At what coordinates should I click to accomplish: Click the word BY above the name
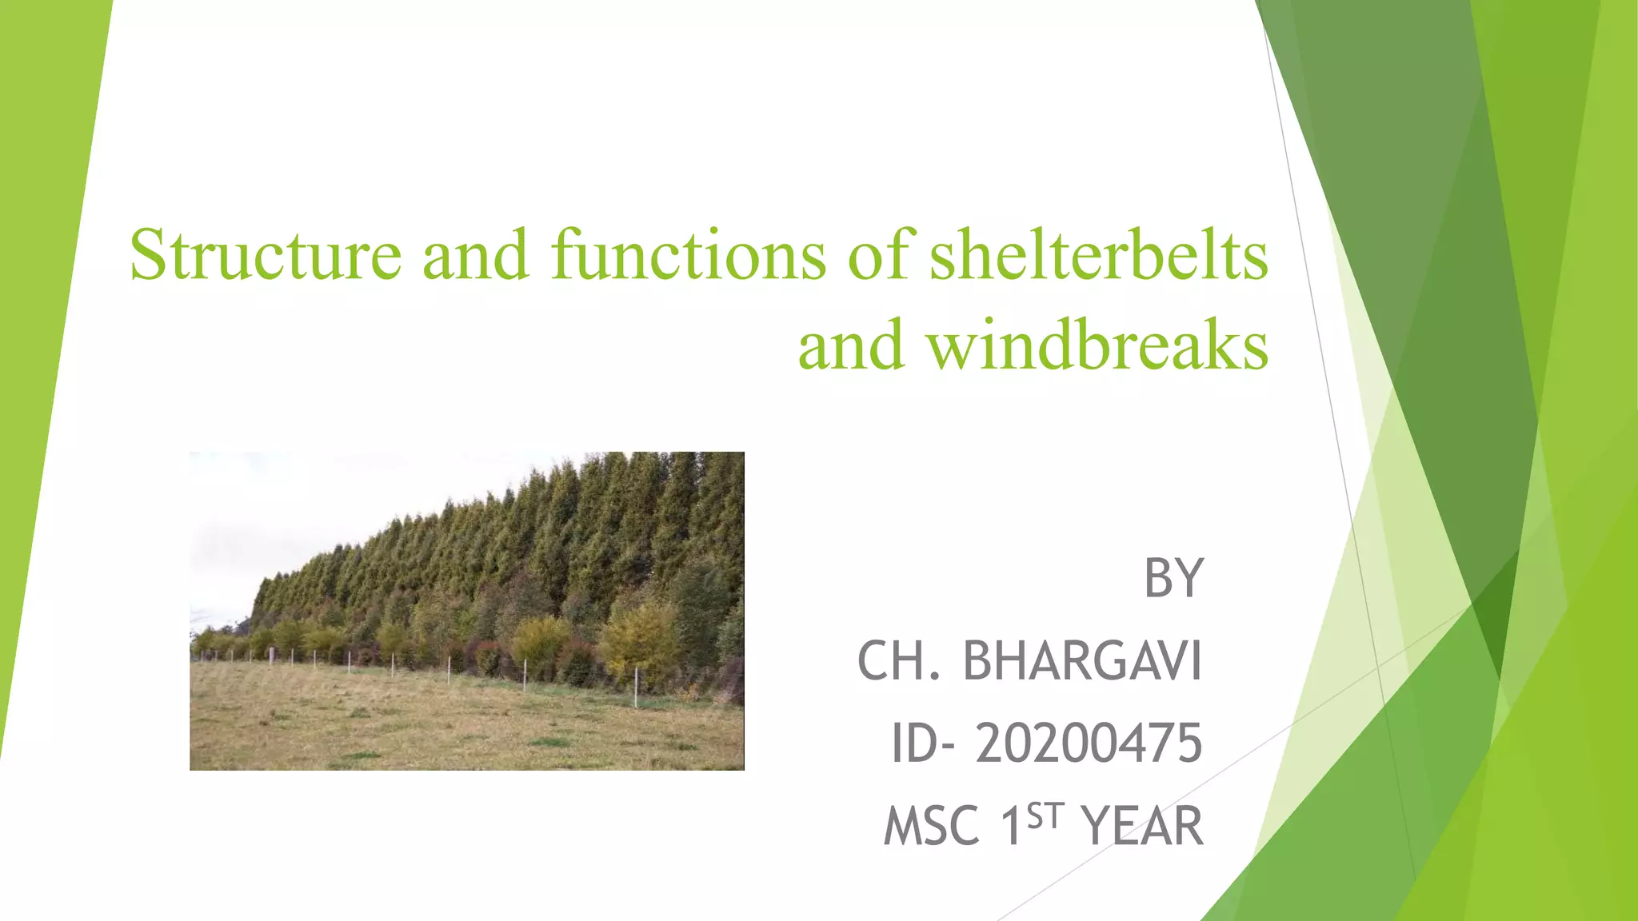point(1173,578)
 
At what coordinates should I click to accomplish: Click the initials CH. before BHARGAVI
point(899,661)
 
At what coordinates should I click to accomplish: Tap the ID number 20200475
point(1089,744)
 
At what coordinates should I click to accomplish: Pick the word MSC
point(932,827)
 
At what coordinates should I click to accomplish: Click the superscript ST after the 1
point(1045,817)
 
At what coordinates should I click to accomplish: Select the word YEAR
point(1142,827)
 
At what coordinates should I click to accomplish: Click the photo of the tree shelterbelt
point(467,611)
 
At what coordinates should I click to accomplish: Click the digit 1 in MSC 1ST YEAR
point(1012,827)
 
